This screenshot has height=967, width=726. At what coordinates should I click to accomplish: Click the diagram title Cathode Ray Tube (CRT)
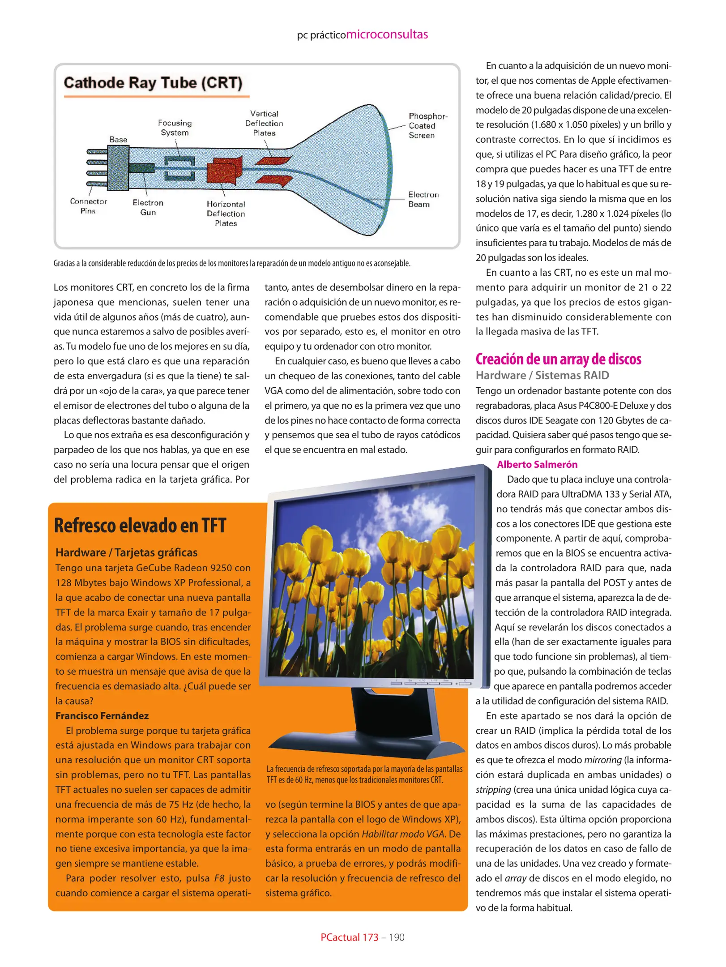(x=153, y=83)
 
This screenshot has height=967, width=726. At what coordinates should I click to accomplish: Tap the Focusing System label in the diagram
(x=175, y=128)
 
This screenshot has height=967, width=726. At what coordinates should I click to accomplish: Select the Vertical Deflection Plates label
(x=264, y=123)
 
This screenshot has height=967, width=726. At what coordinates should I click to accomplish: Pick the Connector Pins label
(x=88, y=206)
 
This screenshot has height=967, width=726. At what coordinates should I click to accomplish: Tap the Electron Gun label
(x=148, y=207)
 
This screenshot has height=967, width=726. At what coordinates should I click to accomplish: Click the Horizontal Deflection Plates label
(x=226, y=214)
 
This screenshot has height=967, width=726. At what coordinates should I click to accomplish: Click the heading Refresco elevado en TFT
(x=140, y=526)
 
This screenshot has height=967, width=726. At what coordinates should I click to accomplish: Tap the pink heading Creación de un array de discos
(x=558, y=359)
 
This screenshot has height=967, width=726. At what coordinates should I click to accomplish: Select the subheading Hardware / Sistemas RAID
(x=542, y=375)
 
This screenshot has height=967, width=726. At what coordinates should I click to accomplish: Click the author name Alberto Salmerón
(x=537, y=464)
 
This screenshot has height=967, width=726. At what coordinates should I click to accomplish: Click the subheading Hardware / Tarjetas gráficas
(x=126, y=552)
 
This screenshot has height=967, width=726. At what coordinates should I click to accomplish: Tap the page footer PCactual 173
(x=349, y=937)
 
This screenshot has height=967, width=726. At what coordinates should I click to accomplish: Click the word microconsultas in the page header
(x=387, y=34)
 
